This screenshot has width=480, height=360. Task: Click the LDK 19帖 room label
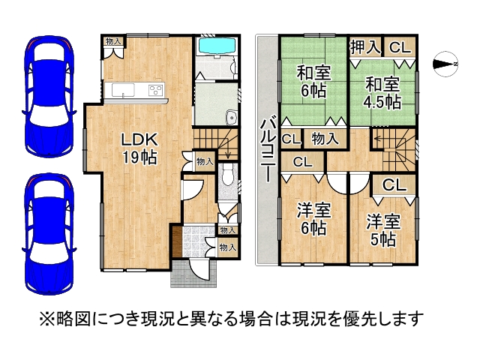pyautogui.click(x=139, y=148)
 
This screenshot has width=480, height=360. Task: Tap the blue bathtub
pyautogui.click(x=217, y=46)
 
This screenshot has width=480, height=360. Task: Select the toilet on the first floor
pyautogui.click(x=227, y=175)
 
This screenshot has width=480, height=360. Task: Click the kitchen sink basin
pyautogui.click(x=123, y=90)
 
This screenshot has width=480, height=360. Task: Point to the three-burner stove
pyautogui.click(x=155, y=90)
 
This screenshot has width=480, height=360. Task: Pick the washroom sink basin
pyautogui.click(x=231, y=118)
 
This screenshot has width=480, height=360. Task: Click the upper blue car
pyautogui.click(x=49, y=97)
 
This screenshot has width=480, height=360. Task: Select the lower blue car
pyautogui.click(x=49, y=234)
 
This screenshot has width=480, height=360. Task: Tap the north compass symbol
pyautogui.click(x=445, y=64)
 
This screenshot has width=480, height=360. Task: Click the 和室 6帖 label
pyautogui.click(x=313, y=82)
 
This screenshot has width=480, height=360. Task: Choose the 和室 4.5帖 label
pyautogui.click(x=382, y=93)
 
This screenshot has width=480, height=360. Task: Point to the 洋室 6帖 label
pyautogui.click(x=313, y=219)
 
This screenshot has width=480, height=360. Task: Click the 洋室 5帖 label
pyautogui.click(x=383, y=230)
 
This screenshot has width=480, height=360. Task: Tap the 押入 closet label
pyautogui.click(x=365, y=47)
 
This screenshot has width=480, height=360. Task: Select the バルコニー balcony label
pyautogui.click(x=268, y=151)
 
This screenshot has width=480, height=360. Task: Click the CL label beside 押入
pyautogui.click(x=400, y=48)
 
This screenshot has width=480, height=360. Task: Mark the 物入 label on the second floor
pyautogui.click(x=325, y=139)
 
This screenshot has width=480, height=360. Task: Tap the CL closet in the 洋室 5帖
pyautogui.click(x=394, y=185)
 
